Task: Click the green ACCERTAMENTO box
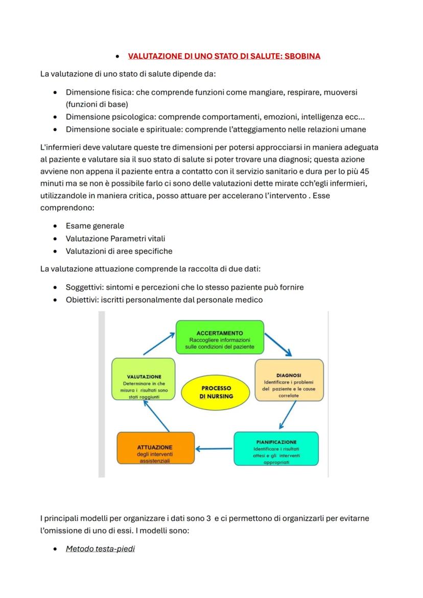click(220, 337)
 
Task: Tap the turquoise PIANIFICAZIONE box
click(276, 449)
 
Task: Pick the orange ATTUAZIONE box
click(155, 449)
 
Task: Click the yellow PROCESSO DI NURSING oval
click(216, 393)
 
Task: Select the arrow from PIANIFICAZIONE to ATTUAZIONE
click(214, 449)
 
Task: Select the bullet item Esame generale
click(95, 226)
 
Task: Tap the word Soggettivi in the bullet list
click(84, 287)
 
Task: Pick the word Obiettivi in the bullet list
click(82, 300)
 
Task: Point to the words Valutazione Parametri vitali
click(115, 239)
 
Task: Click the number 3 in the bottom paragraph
click(209, 518)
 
